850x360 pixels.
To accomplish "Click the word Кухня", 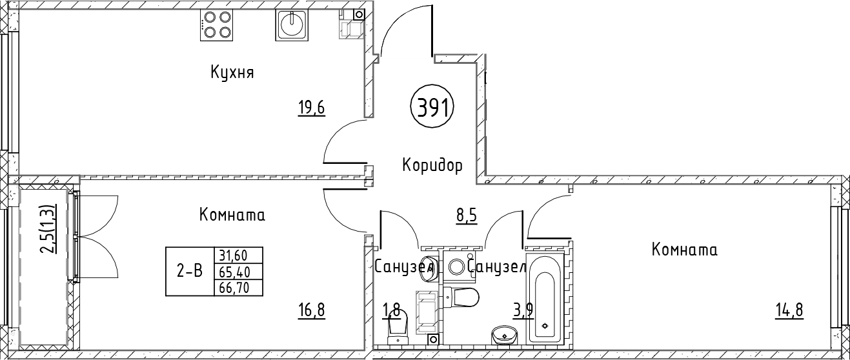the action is tap(232, 72).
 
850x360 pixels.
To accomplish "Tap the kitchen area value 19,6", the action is tap(312, 108).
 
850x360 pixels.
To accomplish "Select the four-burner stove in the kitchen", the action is tap(217, 25).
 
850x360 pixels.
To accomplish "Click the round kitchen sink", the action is tap(292, 25).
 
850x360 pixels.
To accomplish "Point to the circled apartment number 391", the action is tap(432, 108).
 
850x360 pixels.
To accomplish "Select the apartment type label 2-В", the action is tap(190, 271).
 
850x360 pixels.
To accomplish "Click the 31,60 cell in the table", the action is tap(239, 255).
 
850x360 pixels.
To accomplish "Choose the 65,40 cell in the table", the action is tap(239, 272).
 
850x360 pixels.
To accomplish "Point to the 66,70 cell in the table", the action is tap(239, 288).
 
